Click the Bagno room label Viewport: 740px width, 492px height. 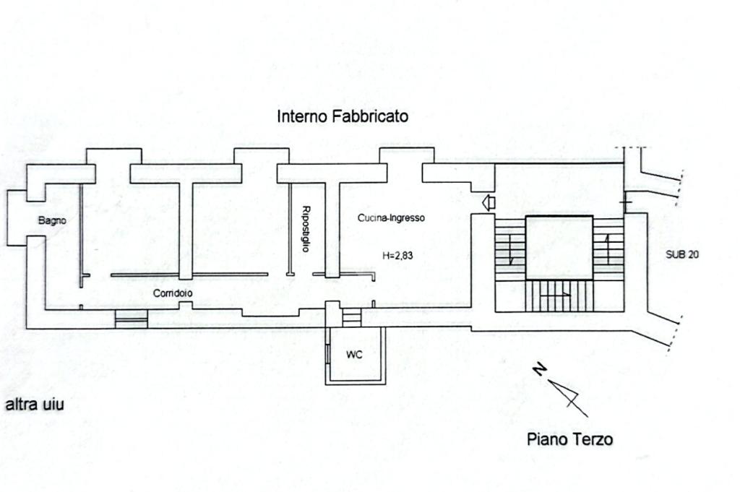click(x=52, y=220)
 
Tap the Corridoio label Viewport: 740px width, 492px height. click(x=172, y=293)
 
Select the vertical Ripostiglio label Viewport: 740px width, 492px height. click(x=306, y=229)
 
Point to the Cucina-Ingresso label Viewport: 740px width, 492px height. click(x=391, y=218)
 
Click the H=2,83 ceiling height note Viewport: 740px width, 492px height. click(x=397, y=256)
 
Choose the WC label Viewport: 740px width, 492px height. click(x=354, y=354)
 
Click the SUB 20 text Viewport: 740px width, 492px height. click(x=682, y=254)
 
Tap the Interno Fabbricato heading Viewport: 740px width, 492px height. click(x=343, y=116)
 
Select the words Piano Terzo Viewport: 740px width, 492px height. click(x=569, y=439)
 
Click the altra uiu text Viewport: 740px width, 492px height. click(x=35, y=405)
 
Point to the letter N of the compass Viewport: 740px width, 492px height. click(x=539, y=369)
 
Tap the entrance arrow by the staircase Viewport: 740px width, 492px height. click(x=489, y=203)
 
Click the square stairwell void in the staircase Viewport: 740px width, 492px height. click(x=559, y=248)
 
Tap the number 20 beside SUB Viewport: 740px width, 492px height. click(x=693, y=254)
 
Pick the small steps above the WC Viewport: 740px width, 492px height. click(x=352, y=316)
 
